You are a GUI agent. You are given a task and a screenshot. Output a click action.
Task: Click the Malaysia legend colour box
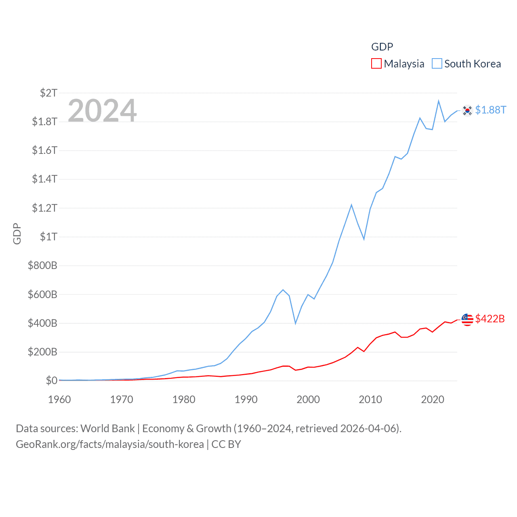pos(376,64)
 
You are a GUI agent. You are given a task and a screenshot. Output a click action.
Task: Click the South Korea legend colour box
pos(437,64)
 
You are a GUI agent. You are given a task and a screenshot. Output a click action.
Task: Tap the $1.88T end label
pos(490,110)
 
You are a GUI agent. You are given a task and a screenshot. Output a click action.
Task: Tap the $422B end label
pos(490,319)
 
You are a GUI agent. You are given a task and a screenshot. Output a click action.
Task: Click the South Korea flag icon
pos(467,110)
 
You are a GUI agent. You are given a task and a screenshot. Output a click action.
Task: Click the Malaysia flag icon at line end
pos(467,319)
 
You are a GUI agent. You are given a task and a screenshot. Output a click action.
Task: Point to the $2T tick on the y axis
pos(48,93)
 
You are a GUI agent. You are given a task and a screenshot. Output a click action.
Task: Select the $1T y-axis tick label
pos(48,237)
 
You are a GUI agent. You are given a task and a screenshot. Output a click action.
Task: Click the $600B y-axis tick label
pos(42,294)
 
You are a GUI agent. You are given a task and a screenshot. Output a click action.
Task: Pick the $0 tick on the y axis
pos(51,380)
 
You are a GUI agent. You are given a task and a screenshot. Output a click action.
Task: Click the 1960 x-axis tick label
pos(59,399)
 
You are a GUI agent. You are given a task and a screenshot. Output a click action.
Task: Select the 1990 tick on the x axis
pos(246,399)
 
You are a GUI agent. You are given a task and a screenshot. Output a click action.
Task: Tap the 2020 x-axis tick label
pos(433,399)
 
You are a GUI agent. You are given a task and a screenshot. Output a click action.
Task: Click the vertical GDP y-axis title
pos(17,233)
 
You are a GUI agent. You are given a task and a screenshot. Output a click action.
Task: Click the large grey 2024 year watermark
pos(102,110)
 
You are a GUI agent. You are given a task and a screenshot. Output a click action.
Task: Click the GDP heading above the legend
pos(382,47)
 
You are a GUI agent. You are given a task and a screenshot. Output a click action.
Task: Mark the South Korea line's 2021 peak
pos(439,101)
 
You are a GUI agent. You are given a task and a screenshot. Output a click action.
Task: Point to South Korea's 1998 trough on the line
pos(296,323)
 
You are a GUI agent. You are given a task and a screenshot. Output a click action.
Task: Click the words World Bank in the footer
pos(108,428)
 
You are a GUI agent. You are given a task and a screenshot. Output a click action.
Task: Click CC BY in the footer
pos(226,444)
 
